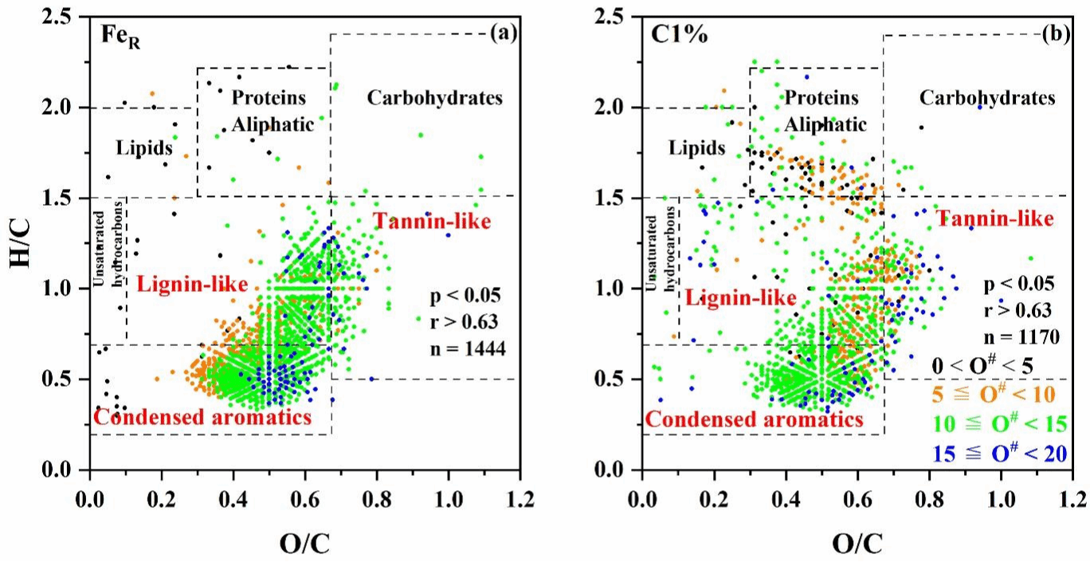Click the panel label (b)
pos(1057,34)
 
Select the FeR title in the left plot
pos(120,35)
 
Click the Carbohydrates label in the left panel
pos(434,98)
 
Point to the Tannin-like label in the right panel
pos(994,218)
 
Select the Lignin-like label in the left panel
pos(190,284)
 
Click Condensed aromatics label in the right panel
pos(754,419)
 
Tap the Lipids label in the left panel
pos(144,147)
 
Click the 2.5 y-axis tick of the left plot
pos(60,17)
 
